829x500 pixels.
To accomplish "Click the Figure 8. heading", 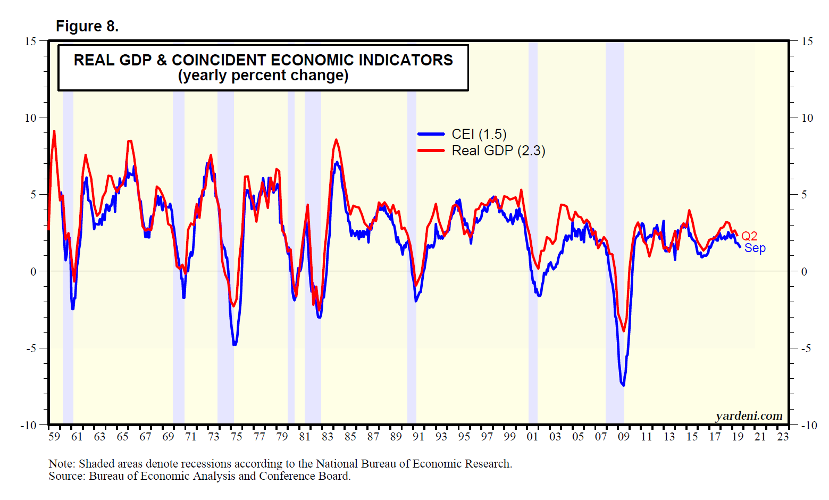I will click(87, 26).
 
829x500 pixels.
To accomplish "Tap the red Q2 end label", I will click(749, 236).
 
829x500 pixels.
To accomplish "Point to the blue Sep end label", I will click(755, 248).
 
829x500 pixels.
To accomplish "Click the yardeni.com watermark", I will click(749, 416).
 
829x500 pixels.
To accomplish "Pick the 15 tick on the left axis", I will click(30, 41).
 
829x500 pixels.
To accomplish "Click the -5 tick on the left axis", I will click(31, 348).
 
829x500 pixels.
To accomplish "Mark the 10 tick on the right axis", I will click(807, 118).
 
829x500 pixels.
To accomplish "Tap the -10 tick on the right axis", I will click(808, 426).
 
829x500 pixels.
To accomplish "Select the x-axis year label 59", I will click(54, 437).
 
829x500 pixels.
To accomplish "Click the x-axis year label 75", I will click(236, 437).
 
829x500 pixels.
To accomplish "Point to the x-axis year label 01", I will click(532, 437).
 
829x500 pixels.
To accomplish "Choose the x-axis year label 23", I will click(783, 437).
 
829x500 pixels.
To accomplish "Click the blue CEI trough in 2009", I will click(623, 385).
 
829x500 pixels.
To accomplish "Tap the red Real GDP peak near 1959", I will click(54, 131).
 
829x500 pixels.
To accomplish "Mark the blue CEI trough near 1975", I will click(235, 345).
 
